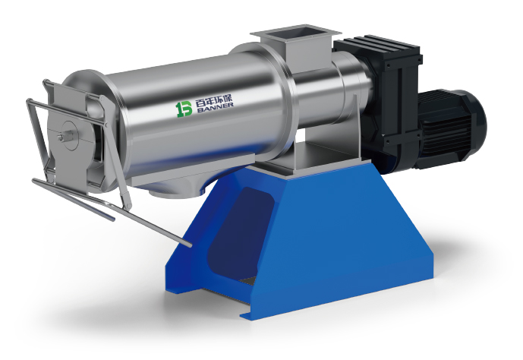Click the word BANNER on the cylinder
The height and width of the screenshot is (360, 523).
[215, 106]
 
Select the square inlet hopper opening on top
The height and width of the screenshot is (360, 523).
[295, 33]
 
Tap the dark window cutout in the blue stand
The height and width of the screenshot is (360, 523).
[239, 227]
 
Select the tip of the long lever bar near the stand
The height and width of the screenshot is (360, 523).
[189, 245]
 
